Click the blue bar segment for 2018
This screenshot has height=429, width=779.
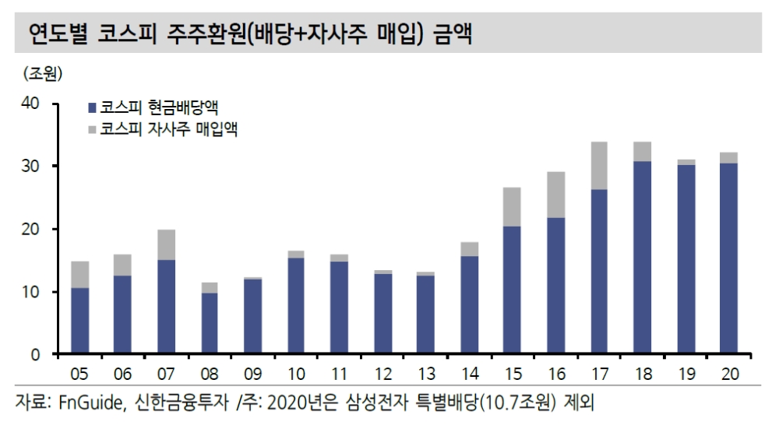pos(642,258)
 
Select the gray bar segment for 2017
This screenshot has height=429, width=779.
pos(598,166)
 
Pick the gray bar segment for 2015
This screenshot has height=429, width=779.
pos(512,207)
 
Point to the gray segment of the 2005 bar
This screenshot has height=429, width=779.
pos(79,275)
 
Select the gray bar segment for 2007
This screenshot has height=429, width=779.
pos(166,244)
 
